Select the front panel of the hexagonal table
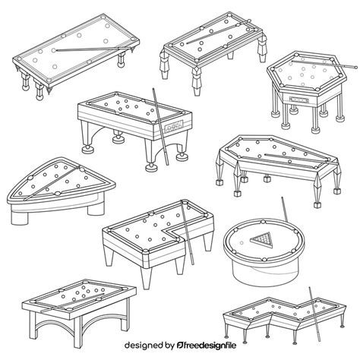click(296, 99)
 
